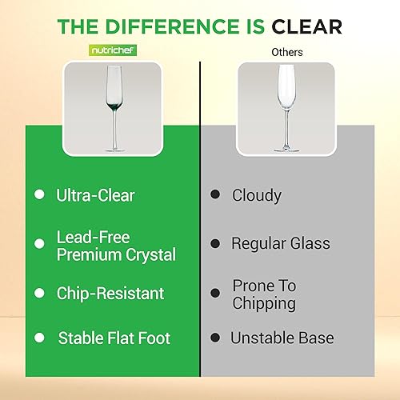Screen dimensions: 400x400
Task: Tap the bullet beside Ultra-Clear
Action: pyautogui.click(x=39, y=194)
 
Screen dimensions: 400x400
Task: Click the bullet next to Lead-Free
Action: pyautogui.click(x=39, y=243)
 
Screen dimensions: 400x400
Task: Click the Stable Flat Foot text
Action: pyautogui.click(x=114, y=338)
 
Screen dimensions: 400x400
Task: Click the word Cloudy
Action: pyautogui.click(x=256, y=194)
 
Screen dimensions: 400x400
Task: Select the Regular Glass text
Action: pyautogui.click(x=280, y=243)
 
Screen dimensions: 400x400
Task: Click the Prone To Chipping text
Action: pyautogui.click(x=264, y=294)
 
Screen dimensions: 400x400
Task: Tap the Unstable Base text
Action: pyautogui.click(x=281, y=338)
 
